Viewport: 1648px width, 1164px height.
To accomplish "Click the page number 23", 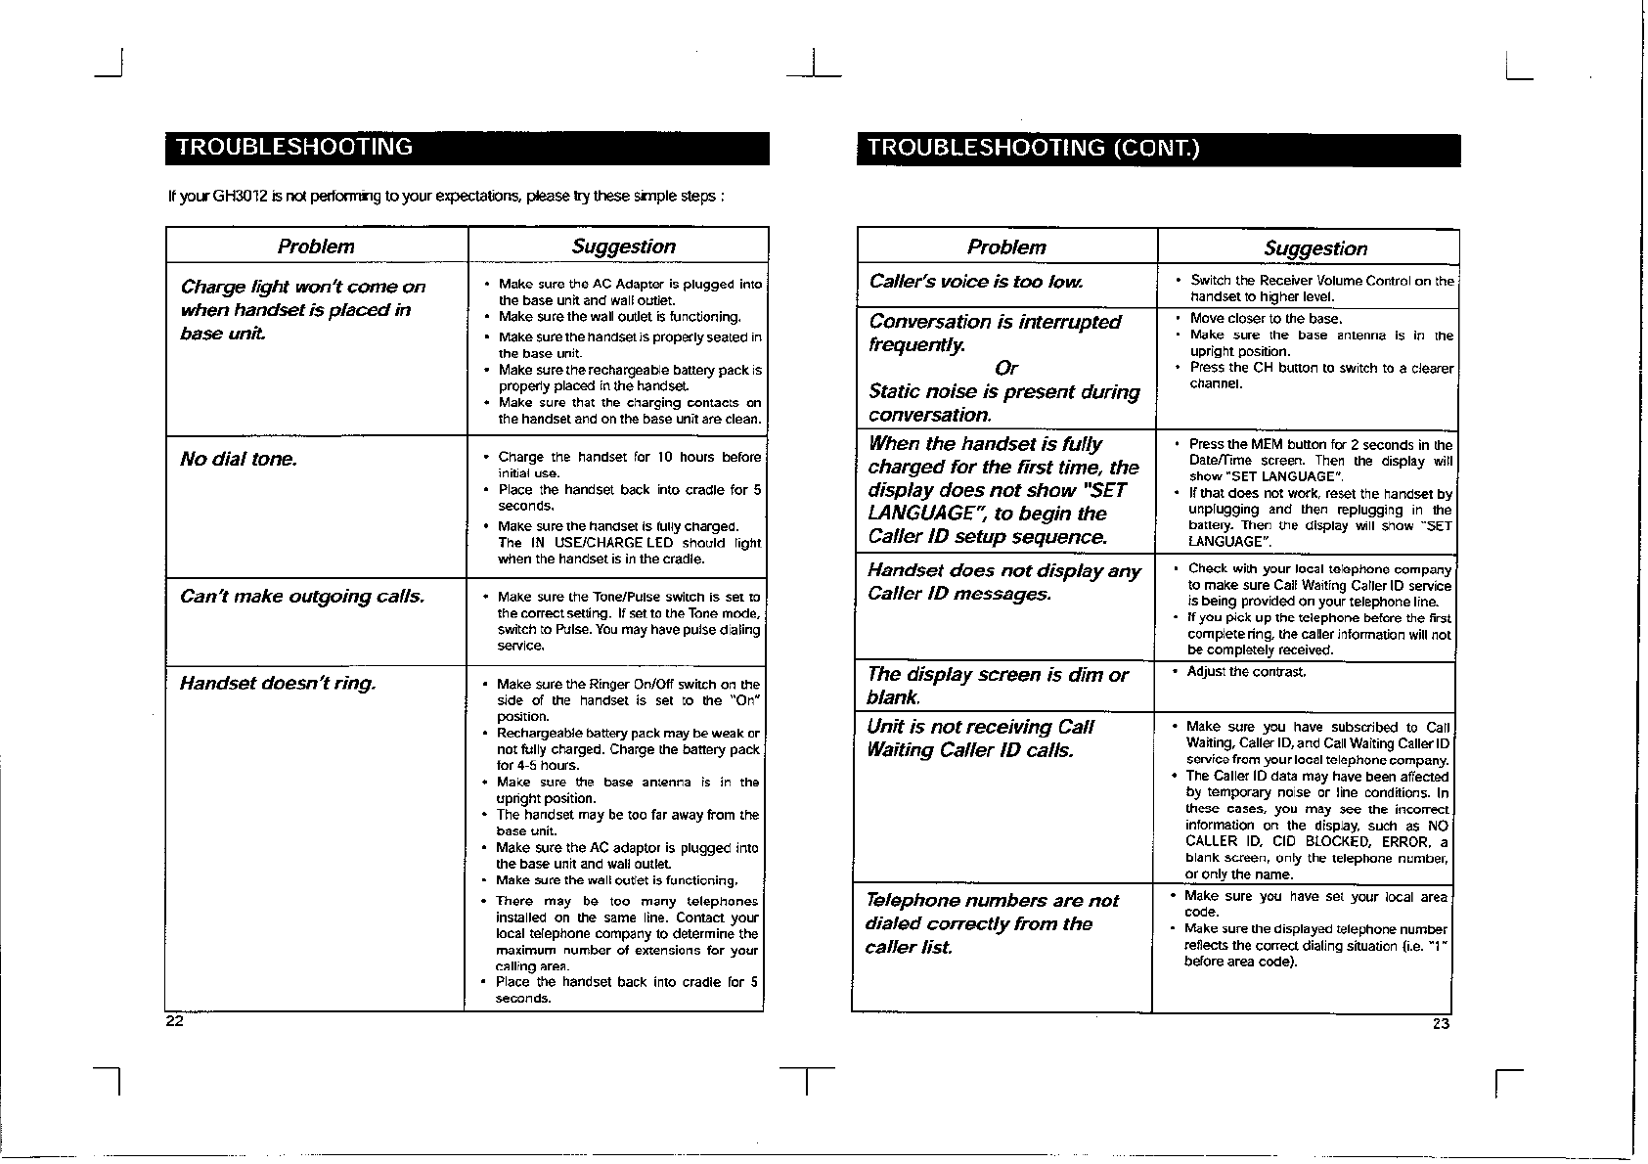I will [1440, 1023].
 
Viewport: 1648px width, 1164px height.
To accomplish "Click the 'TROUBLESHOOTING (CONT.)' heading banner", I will [1032, 149].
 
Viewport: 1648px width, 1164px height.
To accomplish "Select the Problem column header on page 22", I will [316, 246].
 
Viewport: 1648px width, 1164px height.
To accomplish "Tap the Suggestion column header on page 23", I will [1314, 248].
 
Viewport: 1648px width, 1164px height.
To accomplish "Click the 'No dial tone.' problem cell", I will [239, 459].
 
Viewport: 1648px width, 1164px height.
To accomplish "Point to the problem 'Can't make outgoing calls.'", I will [302, 596].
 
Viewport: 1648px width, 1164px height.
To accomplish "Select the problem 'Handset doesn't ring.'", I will [277, 682].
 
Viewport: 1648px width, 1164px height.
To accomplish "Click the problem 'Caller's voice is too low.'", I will [976, 282].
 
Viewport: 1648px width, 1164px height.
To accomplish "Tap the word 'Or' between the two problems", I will [1005, 368].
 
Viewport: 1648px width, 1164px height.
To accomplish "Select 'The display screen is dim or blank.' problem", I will [997, 685].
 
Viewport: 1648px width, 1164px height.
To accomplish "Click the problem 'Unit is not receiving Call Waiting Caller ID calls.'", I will [979, 739].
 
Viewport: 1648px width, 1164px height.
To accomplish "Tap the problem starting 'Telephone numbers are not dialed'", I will [991, 923].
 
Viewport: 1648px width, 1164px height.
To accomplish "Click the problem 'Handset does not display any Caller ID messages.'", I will [1003, 582].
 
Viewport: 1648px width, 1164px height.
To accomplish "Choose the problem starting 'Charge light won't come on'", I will [302, 309].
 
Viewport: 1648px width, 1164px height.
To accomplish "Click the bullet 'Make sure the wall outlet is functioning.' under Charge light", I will [619, 317].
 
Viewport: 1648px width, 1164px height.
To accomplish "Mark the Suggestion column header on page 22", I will [623, 246].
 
